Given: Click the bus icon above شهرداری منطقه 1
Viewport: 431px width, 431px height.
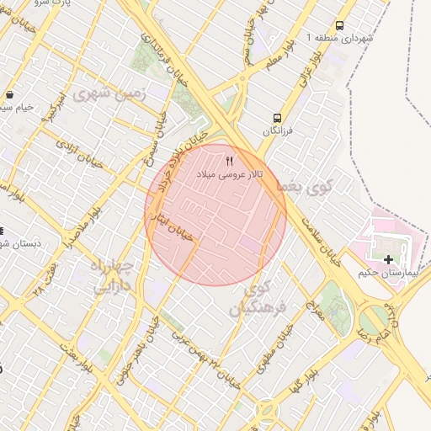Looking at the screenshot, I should pyautogui.click(x=339, y=26).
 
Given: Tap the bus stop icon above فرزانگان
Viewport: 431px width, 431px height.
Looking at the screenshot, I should pyautogui.click(x=277, y=119).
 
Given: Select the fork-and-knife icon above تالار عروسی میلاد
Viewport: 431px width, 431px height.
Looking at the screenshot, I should pyautogui.click(x=230, y=160).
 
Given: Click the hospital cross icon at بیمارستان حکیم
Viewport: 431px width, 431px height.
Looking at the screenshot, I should pyautogui.click(x=387, y=260).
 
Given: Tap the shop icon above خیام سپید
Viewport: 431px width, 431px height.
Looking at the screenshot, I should pyautogui.click(x=8, y=95).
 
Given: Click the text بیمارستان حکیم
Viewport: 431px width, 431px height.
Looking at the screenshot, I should pyautogui.click(x=387, y=274).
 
